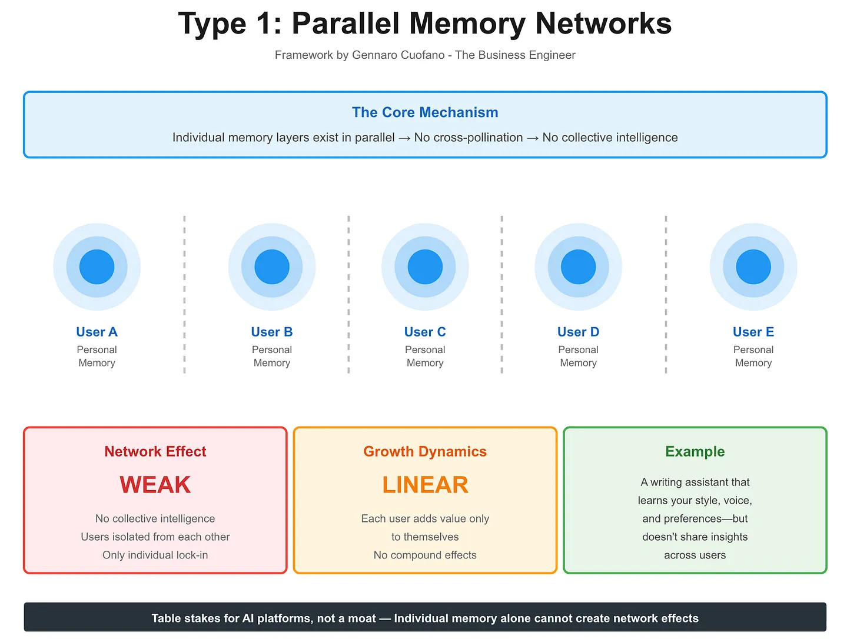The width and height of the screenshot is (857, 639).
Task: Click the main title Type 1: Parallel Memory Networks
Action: [424, 24]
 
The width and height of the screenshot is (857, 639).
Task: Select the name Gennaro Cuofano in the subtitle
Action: [398, 55]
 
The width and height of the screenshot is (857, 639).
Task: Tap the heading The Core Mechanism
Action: [424, 112]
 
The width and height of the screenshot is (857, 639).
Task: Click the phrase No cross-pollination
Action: [468, 138]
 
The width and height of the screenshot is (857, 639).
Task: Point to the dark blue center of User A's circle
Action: [97, 267]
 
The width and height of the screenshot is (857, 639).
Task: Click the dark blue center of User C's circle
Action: [424, 267]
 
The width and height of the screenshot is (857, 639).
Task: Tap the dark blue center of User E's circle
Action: [753, 267]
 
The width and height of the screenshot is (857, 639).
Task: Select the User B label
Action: [271, 332]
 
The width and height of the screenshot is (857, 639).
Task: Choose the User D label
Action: [578, 332]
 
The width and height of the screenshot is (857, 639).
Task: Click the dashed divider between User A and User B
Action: [184, 294]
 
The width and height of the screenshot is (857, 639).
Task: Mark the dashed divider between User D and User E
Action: [666, 294]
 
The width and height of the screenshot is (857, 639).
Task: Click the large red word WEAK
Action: [155, 485]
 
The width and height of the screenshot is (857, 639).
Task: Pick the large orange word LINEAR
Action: [424, 485]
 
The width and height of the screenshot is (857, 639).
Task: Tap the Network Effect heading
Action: [155, 451]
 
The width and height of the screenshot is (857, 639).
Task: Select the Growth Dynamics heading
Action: [424, 451]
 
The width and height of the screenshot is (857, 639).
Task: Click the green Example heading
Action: [695, 451]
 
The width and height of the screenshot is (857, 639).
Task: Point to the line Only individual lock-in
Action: [155, 555]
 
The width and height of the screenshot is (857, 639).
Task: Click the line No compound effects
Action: [424, 555]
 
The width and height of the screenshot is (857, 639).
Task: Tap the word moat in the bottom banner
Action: [360, 618]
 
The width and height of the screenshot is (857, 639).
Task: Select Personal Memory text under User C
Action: [424, 356]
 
